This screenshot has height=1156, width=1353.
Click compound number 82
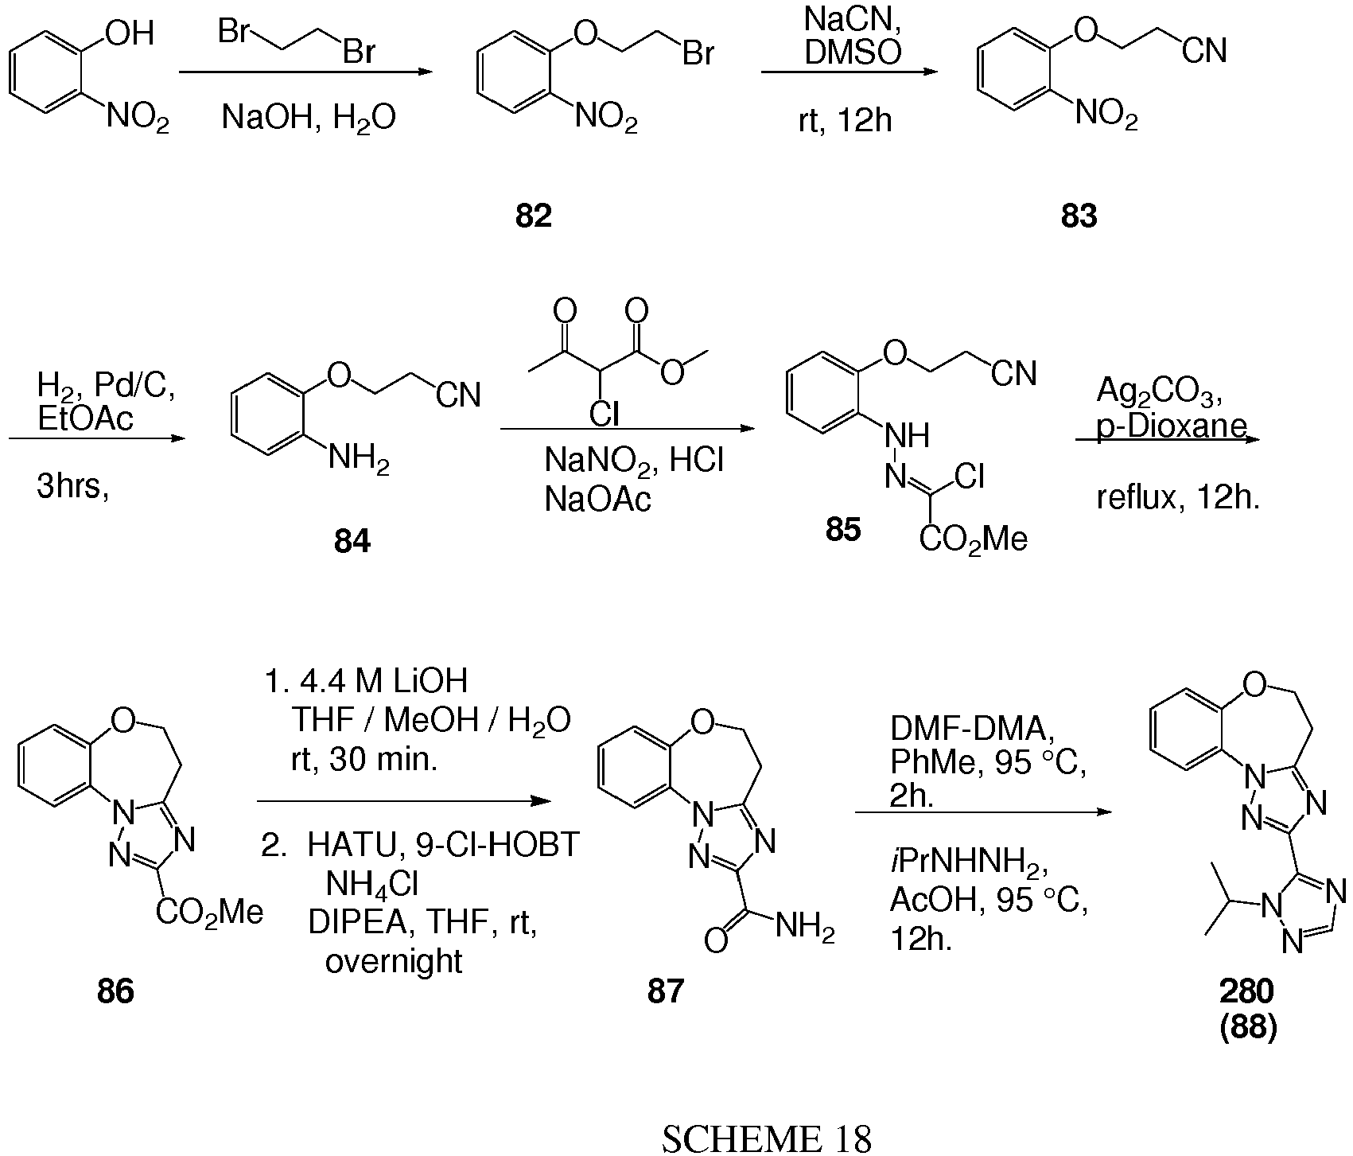533,216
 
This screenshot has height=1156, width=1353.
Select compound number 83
1079,216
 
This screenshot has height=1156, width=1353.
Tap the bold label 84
352,542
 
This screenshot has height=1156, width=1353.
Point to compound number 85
843,529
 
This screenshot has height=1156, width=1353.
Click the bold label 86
115,991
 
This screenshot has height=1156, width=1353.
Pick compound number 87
666,991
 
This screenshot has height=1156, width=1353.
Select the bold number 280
1246,991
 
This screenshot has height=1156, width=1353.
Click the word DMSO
853,53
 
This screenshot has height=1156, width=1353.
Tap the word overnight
394,962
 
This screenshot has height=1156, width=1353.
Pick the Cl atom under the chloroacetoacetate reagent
605,415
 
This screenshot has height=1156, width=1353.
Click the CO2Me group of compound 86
209,913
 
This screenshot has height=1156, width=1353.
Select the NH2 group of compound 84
360,463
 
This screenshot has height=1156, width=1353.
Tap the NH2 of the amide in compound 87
804,928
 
